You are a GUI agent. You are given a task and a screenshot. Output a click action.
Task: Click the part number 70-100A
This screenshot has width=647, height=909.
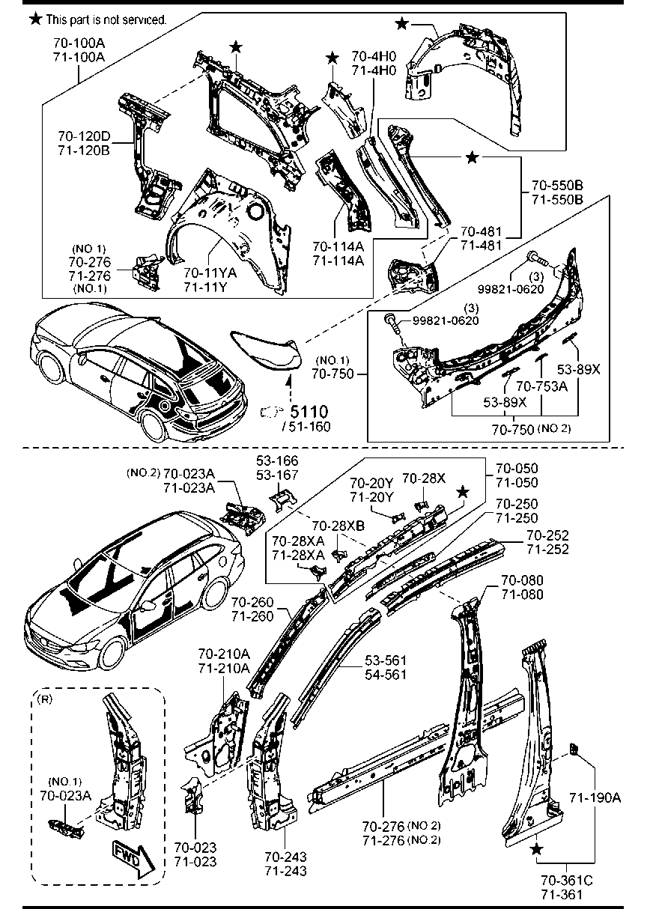tap(79, 43)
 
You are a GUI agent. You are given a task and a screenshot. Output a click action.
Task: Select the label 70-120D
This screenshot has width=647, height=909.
tap(83, 136)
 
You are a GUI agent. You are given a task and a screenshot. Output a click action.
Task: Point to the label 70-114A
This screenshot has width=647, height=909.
tap(338, 248)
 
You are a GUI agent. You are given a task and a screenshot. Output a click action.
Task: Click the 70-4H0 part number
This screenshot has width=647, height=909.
tap(374, 56)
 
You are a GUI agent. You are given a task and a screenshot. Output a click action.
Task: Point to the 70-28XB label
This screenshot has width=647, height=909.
tap(338, 526)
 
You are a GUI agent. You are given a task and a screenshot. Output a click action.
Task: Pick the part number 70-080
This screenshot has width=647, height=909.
tap(522, 580)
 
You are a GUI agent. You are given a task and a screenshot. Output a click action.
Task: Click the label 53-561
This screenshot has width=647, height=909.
tap(386, 660)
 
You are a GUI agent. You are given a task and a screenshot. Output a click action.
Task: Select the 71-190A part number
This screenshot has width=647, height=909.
tap(595, 797)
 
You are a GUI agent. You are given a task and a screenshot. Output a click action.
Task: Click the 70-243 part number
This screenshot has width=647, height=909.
tap(285, 857)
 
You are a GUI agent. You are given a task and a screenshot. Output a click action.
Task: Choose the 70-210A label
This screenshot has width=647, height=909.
tap(224, 655)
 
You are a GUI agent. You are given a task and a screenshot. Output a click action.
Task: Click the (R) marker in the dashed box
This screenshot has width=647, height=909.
tap(44, 700)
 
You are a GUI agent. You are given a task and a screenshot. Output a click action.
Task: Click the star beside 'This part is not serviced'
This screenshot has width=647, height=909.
tap(35, 18)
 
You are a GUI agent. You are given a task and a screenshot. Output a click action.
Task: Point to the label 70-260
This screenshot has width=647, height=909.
tap(252, 603)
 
